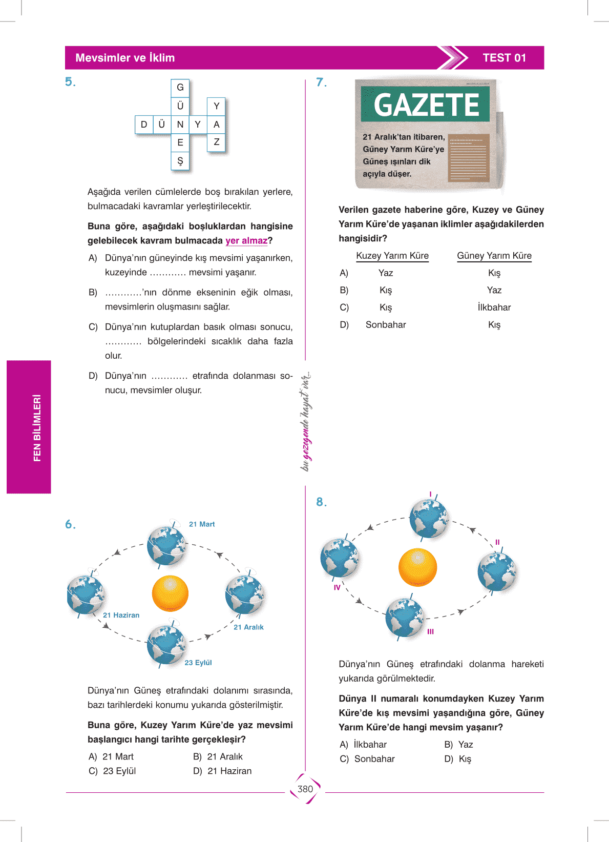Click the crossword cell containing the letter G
point(180,88)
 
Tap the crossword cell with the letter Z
point(216,142)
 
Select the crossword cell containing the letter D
point(144,125)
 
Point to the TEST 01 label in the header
point(504,58)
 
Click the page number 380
point(305,789)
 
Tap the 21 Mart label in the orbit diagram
point(202,524)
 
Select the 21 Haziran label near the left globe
point(121,615)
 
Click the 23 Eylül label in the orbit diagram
point(198,663)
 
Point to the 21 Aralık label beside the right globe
point(248,627)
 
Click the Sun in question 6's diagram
point(171,593)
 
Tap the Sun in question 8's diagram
point(417,567)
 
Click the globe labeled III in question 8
point(405,618)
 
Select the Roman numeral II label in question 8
point(497,542)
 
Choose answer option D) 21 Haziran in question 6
point(223,771)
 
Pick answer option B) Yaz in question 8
point(459,745)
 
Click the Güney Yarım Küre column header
point(494,256)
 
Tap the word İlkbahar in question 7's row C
point(494,307)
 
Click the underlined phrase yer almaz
point(246,241)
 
